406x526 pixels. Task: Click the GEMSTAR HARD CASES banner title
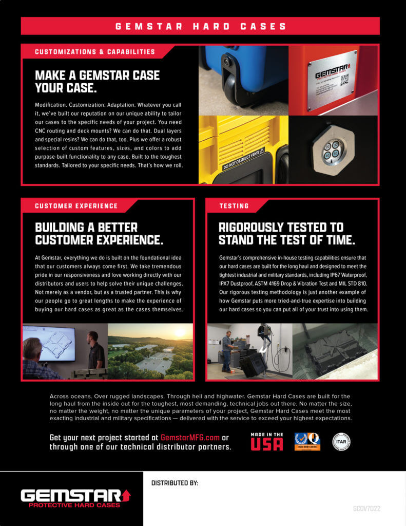point(201,26)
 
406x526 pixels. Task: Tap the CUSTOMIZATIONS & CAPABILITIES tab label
point(95,52)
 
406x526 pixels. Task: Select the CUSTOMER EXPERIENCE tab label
point(76,206)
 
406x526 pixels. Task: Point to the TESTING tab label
point(234,206)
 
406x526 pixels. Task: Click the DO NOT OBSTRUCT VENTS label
point(244,159)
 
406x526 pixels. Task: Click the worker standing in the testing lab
point(226,351)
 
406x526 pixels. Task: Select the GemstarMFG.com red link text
point(190,438)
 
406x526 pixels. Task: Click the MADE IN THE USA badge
point(266,442)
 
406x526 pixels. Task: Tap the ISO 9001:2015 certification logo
point(307,442)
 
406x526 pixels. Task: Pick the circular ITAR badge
point(341,442)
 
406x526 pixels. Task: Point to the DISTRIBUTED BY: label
point(175,483)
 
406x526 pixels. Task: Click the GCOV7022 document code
point(366,509)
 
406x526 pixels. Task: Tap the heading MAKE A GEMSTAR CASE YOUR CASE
point(97,82)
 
